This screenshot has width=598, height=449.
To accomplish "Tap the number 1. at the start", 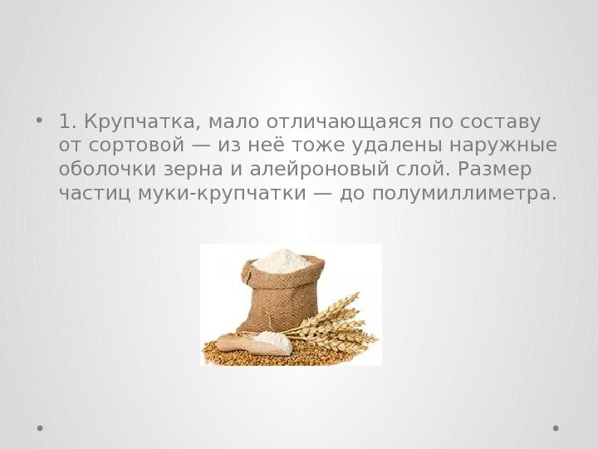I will [68, 123].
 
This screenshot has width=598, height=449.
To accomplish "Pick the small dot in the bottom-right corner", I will [556, 428].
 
